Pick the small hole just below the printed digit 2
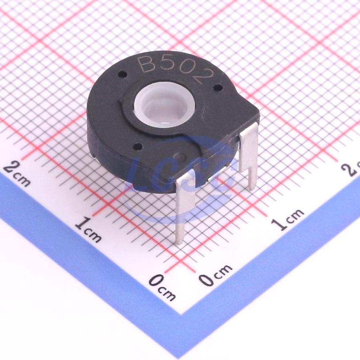218,87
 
